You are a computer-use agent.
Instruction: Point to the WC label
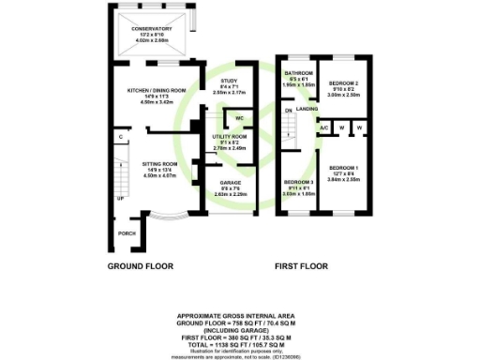point(240,118)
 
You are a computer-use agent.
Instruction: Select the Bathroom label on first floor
point(298,72)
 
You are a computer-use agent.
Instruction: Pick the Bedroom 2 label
point(343,83)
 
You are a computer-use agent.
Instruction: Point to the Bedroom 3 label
point(298,181)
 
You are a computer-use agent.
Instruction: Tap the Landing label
point(305,110)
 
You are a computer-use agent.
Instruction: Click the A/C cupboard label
point(323,127)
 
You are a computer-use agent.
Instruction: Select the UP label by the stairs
point(120,199)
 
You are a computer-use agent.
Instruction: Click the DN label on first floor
point(289,111)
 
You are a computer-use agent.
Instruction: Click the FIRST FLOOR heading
point(302,266)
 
